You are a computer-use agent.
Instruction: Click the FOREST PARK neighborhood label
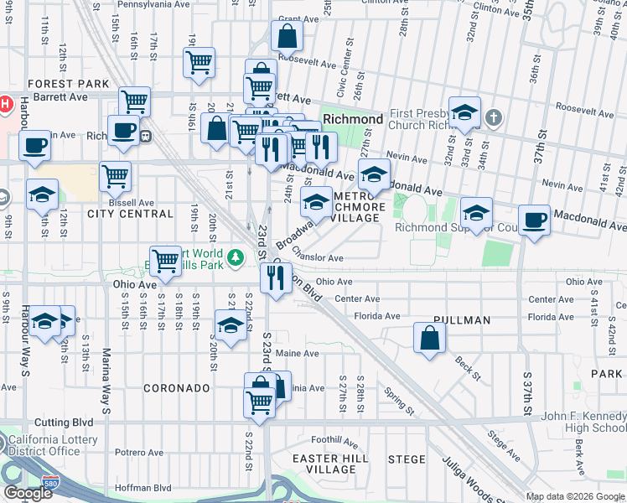[x=68, y=84]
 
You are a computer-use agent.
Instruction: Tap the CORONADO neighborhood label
[x=176, y=388]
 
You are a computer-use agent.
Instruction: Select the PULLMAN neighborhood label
[x=462, y=320]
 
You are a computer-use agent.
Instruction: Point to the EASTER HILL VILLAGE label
[x=332, y=464]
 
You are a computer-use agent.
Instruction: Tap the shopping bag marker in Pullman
[x=429, y=339]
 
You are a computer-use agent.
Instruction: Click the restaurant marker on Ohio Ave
[x=275, y=277]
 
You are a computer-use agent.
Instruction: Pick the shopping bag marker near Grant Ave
[x=287, y=37]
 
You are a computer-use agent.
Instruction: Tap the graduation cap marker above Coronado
[x=231, y=324]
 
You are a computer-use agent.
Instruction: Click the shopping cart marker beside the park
[x=166, y=260]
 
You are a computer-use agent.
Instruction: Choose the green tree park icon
[x=237, y=257]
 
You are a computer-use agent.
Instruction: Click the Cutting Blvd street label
[x=55, y=423]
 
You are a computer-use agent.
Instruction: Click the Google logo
[x=28, y=493]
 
